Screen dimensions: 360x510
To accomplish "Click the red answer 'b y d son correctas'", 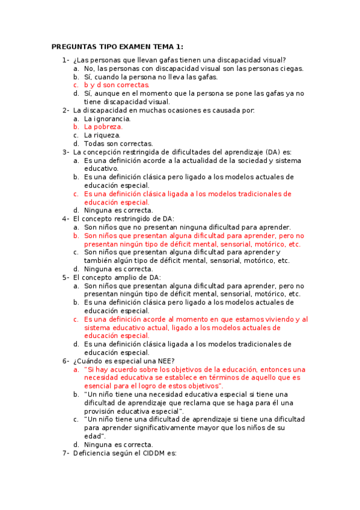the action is click(x=117, y=85).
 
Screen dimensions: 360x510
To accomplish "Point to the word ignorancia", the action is click(x=110, y=118).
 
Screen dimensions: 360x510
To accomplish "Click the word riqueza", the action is click(x=106, y=135).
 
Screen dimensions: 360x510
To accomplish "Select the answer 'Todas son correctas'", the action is click(x=118, y=144).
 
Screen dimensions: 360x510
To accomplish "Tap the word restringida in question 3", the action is click(x=142, y=152).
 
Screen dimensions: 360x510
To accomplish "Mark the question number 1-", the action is click(x=66, y=60).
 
